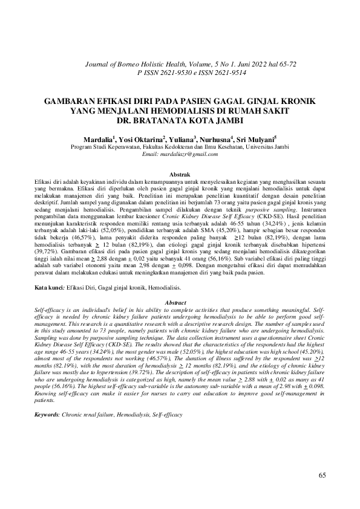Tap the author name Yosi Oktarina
click(142, 138)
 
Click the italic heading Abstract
click(179, 302)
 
